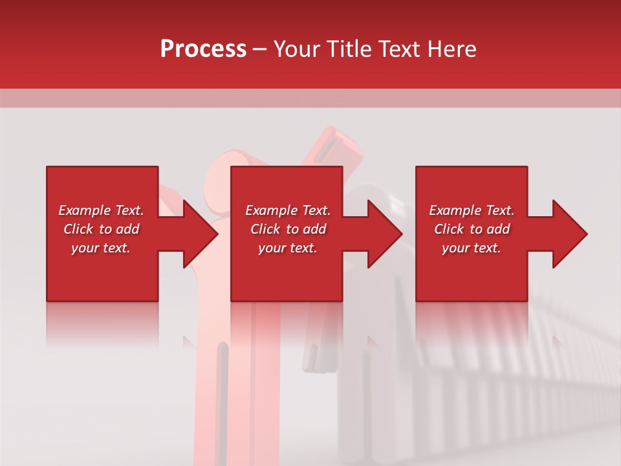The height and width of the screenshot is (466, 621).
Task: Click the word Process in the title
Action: (203, 49)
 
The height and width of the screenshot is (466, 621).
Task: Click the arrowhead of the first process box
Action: (200, 234)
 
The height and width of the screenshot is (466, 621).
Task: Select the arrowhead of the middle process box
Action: (385, 234)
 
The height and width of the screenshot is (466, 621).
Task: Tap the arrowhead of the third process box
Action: (569, 234)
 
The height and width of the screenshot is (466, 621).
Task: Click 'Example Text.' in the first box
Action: (101, 210)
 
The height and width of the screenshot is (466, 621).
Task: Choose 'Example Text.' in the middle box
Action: (288, 210)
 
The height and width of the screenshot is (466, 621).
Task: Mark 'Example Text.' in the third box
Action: (472, 210)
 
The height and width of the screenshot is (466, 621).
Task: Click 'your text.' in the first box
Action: (101, 248)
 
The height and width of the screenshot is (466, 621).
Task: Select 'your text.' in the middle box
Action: (288, 248)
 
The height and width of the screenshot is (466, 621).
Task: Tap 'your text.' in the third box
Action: (472, 248)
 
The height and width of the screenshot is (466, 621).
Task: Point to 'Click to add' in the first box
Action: (101, 229)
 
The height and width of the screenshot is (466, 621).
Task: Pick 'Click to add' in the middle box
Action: (288, 229)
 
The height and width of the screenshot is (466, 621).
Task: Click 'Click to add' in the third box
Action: (472, 229)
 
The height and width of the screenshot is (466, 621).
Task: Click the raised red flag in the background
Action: (330, 146)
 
